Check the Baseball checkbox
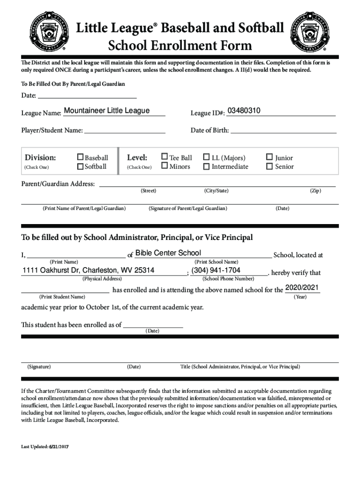80,158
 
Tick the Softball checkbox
80,167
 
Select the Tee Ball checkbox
165,157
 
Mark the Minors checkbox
165,166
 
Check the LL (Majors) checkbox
206,157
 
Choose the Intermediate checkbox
206,166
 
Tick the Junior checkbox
269,157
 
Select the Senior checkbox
269,166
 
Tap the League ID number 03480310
244,111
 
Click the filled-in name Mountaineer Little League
107,111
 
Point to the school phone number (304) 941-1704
216,271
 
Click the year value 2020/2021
302,287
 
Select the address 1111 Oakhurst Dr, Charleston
88,271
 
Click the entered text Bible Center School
168,253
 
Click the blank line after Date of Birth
283,130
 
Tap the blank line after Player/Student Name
125,130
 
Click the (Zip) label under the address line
316,191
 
